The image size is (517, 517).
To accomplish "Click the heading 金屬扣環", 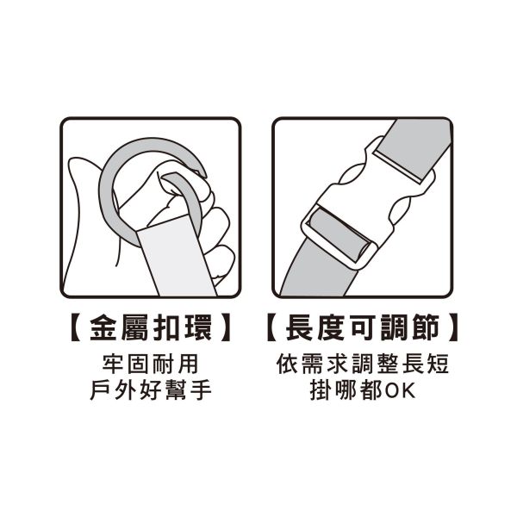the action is [x=150, y=327].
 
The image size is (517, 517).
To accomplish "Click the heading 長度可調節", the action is [x=363, y=327].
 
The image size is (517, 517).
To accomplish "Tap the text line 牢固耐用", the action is [x=150, y=364].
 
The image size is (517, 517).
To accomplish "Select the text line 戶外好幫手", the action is [x=150, y=390].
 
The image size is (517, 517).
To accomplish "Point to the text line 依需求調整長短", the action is [x=363, y=364].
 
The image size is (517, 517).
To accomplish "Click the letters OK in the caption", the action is [x=400, y=390].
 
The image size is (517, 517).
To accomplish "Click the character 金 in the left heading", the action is [x=103, y=327].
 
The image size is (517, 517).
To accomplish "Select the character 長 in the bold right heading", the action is [x=299, y=327].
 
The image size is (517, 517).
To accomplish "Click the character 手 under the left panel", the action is [x=201, y=390].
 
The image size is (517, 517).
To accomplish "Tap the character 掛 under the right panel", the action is [x=321, y=390].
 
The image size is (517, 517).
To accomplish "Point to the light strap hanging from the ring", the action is [x=177, y=257].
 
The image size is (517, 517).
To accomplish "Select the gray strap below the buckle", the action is [x=314, y=271].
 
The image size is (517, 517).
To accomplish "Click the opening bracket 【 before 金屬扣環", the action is [x=76, y=327].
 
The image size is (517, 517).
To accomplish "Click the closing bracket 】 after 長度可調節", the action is [x=453, y=327].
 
